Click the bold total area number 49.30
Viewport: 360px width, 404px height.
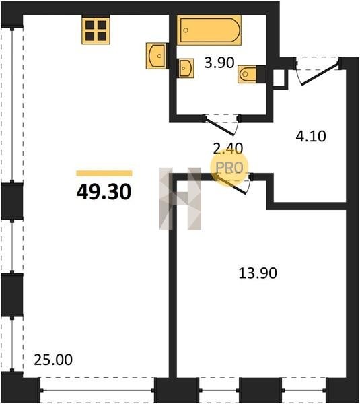[104, 192]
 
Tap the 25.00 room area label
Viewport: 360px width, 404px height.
[53, 360]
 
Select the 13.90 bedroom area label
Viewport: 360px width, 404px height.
[258, 273]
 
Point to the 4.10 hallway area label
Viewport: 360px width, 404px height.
[311, 136]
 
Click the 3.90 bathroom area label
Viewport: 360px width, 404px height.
[219, 63]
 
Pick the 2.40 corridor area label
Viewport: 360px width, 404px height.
[228, 148]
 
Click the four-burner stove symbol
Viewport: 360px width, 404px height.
[96, 31]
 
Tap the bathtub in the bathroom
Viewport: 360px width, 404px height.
[209, 30]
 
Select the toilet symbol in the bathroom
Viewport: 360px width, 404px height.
[248, 74]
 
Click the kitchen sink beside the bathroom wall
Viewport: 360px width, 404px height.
[156, 56]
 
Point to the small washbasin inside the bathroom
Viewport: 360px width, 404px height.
[186, 68]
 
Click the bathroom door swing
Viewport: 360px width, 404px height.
[221, 125]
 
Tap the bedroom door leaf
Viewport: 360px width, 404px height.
[231, 184]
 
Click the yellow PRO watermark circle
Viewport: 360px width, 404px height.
[229, 167]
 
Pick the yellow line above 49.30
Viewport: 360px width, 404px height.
[104, 174]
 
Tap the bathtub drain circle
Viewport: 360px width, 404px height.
[186, 30]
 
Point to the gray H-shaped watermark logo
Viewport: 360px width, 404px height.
[180, 199]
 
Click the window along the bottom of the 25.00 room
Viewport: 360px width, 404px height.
[98, 391]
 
